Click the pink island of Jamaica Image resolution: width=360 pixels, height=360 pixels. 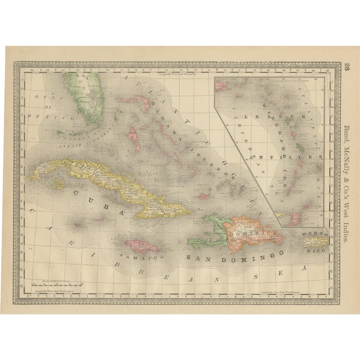(x=141, y=246)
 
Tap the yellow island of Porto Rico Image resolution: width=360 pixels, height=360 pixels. (x=314, y=242)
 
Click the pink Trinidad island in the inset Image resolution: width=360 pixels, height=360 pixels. (x=295, y=219)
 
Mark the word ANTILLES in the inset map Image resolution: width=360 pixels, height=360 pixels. (x=287, y=150)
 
